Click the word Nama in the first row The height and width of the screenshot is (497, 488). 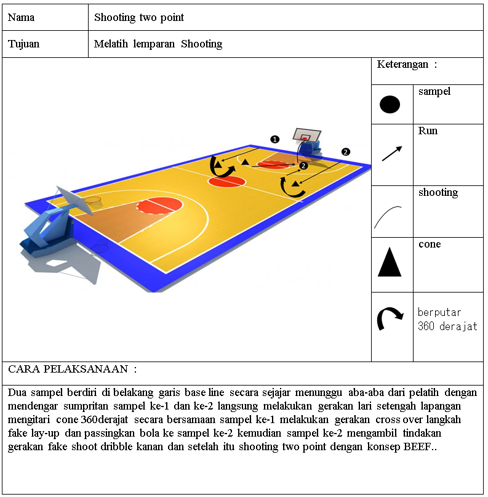[x=21, y=17]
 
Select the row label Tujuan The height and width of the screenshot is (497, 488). [x=24, y=44]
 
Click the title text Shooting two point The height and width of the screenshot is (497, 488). [x=139, y=17]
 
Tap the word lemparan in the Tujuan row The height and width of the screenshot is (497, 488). [x=154, y=44]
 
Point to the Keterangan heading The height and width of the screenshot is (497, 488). [x=402, y=65]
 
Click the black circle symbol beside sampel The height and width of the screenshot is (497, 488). [x=390, y=104]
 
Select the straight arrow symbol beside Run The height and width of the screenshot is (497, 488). [x=392, y=153]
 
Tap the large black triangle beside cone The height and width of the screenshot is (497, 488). [x=390, y=262]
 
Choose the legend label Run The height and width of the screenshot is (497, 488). [x=428, y=131]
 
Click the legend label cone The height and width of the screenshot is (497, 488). [x=430, y=244]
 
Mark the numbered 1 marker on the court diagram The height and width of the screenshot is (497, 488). [x=275, y=139]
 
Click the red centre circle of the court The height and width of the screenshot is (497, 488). [x=226, y=182]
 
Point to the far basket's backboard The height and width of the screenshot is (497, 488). [x=306, y=135]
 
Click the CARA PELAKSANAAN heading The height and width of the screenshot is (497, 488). [x=68, y=369]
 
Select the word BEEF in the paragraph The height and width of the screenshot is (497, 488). [x=417, y=446]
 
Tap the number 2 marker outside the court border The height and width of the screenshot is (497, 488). [x=345, y=152]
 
